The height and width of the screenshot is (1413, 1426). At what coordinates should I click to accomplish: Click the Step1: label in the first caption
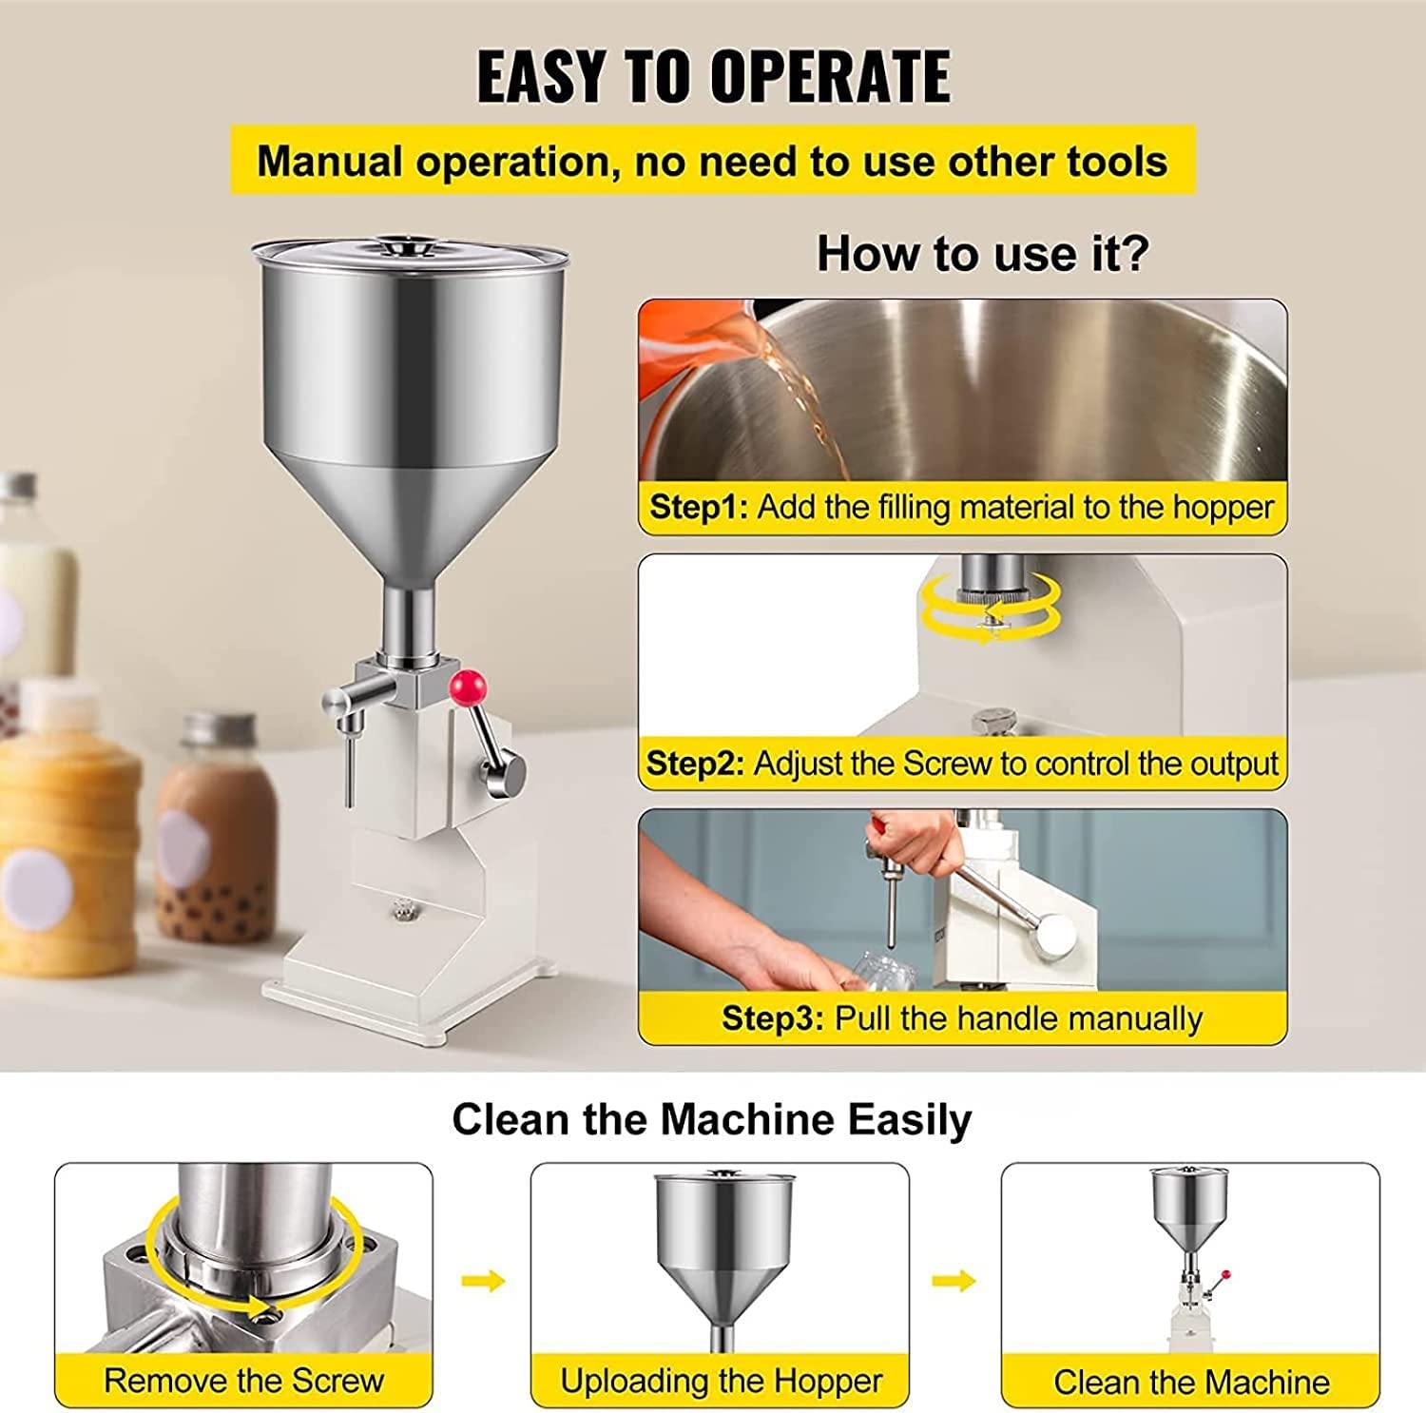click(699, 507)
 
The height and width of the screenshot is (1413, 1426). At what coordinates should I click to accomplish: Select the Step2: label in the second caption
click(695, 764)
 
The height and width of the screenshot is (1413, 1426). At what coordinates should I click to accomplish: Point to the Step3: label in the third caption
click(772, 1018)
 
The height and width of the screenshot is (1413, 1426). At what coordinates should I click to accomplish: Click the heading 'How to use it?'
click(983, 254)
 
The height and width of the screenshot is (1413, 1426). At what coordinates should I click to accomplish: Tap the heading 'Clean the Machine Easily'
click(711, 1119)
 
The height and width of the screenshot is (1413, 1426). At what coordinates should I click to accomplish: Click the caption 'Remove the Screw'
click(243, 1380)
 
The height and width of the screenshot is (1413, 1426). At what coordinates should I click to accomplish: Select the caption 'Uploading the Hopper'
click(721, 1381)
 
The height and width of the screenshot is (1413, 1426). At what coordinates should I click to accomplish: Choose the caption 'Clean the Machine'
click(1191, 1382)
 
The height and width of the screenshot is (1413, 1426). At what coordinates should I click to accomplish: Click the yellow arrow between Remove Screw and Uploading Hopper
click(483, 1281)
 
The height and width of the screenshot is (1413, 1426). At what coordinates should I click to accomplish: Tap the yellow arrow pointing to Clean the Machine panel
click(954, 1281)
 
